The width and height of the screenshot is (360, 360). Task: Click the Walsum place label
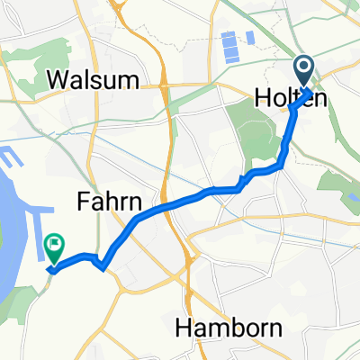coord(94,79)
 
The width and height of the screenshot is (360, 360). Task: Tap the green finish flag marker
coord(56,244)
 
